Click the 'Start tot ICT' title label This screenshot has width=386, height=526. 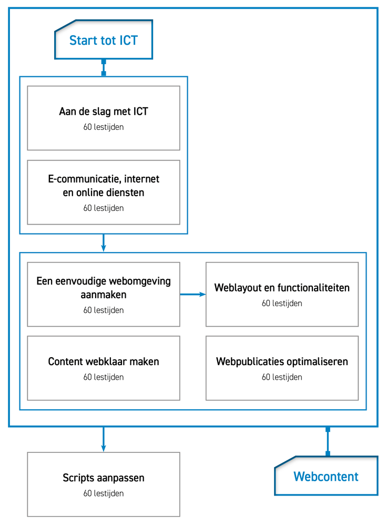point(103,41)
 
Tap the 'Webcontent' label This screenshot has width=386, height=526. point(326,477)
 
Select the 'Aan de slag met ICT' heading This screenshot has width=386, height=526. point(104,112)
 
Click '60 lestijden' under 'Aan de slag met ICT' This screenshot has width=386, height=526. point(104,127)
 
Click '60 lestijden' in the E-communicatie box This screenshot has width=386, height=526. point(104,208)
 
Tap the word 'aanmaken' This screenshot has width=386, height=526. point(104,295)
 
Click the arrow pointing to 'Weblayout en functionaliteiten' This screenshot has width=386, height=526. point(193,294)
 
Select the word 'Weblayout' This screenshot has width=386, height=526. point(238,288)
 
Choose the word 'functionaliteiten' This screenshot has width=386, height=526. point(313,288)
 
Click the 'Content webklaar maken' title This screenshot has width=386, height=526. point(104,361)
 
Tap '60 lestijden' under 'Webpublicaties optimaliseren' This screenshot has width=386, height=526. point(282,377)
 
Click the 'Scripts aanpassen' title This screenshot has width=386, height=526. point(104,478)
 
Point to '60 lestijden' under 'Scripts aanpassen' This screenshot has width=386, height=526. point(104,493)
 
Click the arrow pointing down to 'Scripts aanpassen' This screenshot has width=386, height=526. point(103,439)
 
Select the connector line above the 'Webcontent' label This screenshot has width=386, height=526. point(328,441)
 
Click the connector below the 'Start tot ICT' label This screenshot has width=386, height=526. point(104,68)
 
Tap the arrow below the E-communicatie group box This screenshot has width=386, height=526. point(103,242)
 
